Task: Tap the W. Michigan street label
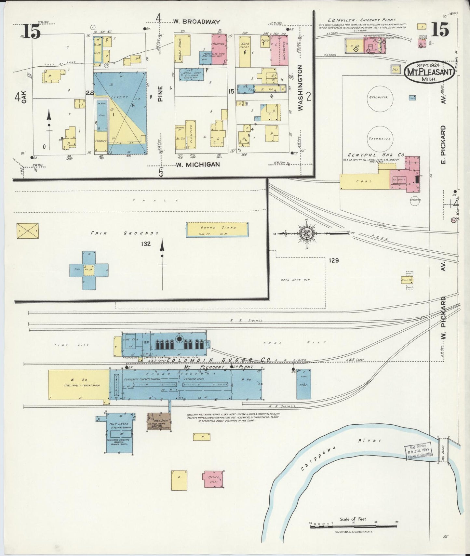pos(198,165)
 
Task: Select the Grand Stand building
pos(217,230)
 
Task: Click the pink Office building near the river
pos(213,479)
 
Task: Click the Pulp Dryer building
pos(119,433)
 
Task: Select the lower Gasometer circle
pos(380,138)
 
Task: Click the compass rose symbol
pos(306,233)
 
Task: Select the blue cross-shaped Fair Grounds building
pos(89,270)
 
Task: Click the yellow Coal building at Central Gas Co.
pos(365,181)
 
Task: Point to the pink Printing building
pos(219,44)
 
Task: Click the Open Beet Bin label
pos(296,280)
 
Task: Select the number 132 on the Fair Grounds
pos(145,244)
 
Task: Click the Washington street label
pos(300,88)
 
